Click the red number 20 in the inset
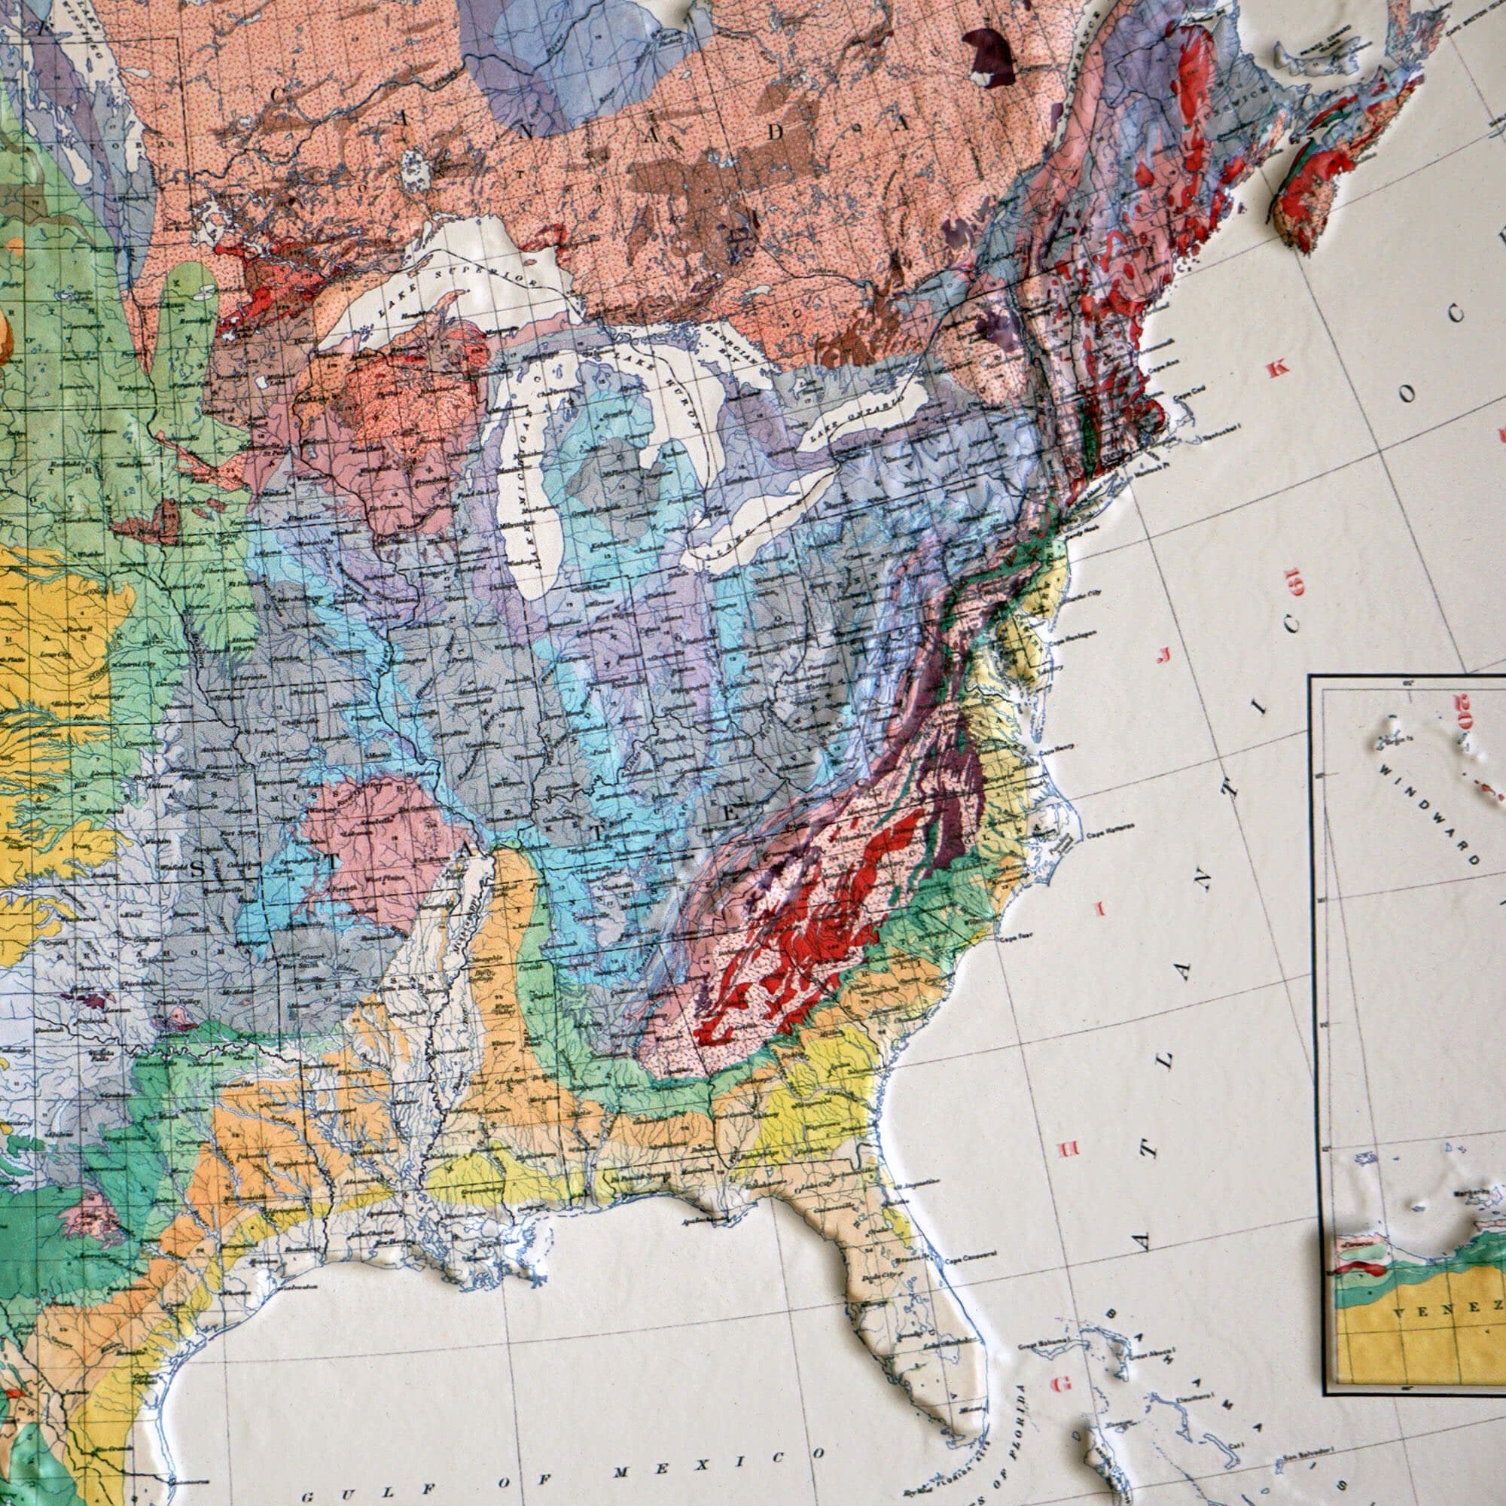pos(1462,711)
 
